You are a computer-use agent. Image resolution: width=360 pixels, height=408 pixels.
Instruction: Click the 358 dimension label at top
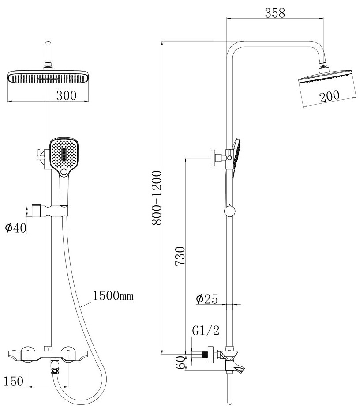pos(275,13)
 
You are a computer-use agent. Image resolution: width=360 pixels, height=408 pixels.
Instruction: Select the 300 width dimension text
pos(67,95)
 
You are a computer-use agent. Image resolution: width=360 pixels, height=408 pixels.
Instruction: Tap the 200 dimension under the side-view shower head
pos(329,96)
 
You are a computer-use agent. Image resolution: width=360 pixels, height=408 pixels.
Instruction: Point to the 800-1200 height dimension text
pos(157,197)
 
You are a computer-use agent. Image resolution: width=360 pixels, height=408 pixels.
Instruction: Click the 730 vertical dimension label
pos(180,256)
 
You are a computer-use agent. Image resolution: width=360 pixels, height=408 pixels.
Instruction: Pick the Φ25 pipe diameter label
pos(206,299)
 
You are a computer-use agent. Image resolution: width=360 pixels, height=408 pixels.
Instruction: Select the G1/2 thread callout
pos(206,330)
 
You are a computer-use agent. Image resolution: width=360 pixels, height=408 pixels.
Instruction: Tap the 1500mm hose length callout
pos(113,296)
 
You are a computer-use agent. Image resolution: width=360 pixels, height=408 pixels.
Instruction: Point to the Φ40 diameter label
pos(16,228)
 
